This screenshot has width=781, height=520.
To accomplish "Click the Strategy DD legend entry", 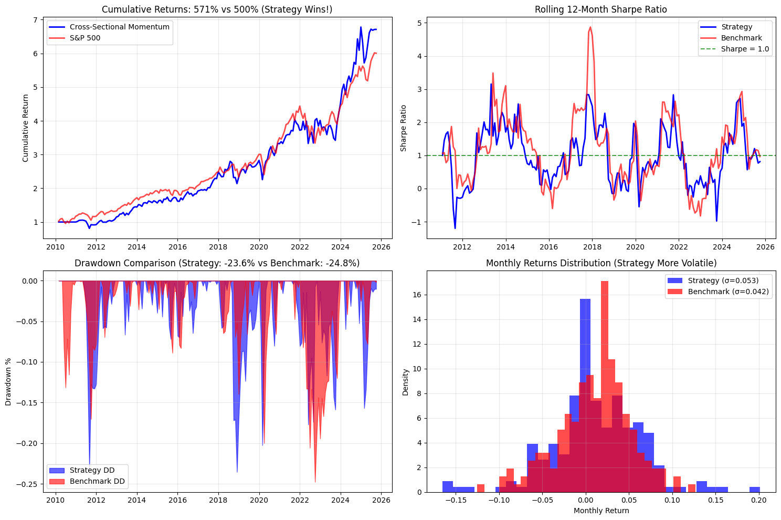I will point(92,470).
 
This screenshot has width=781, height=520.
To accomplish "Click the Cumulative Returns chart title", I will point(217,9).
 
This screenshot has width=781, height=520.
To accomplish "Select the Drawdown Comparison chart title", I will point(217,263).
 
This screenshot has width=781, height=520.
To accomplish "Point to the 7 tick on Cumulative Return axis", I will point(35,20).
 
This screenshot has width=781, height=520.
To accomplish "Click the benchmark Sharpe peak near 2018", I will point(590,27).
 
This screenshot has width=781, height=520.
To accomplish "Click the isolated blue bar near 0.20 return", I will point(754,490).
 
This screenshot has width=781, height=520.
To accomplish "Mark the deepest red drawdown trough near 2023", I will point(315,482).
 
